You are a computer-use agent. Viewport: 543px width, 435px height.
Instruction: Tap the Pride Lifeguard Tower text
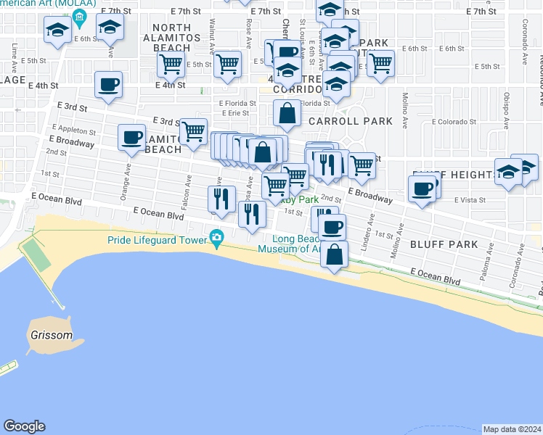click(x=156, y=239)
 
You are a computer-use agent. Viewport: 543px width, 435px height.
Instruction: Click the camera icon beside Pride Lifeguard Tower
click(x=216, y=238)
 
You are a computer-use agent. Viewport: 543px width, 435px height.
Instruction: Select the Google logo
click(x=24, y=426)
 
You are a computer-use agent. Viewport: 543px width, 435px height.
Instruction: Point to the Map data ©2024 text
click(x=512, y=429)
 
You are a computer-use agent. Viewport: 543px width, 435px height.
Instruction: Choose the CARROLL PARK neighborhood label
click(x=351, y=121)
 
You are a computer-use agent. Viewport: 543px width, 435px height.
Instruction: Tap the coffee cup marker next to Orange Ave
click(x=133, y=137)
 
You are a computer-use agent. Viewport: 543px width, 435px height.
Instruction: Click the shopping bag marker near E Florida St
click(x=287, y=113)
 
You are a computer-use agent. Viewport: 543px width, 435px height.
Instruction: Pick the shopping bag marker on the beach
click(x=334, y=255)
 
